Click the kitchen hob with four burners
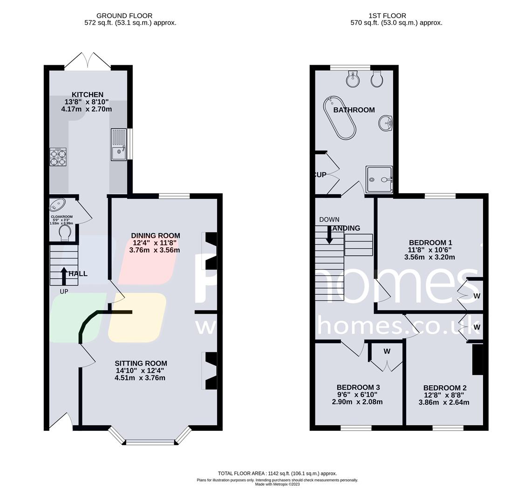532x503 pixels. [x=58, y=157]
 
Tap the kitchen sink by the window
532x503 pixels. [x=119, y=144]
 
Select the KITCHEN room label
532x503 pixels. [x=88, y=95]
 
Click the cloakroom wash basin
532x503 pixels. [x=58, y=204]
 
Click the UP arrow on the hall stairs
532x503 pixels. [x=64, y=275]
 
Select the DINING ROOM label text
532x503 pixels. [x=155, y=235]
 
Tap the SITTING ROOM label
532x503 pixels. [x=141, y=363]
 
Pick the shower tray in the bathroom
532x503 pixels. [x=379, y=179]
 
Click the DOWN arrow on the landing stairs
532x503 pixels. [x=329, y=234]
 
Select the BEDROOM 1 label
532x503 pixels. [x=430, y=243]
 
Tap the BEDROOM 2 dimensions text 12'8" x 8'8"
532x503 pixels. [x=445, y=395]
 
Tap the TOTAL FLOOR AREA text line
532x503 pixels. [x=277, y=473]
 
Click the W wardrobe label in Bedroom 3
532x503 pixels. [x=387, y=352]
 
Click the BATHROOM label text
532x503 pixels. [x=354, y=110]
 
